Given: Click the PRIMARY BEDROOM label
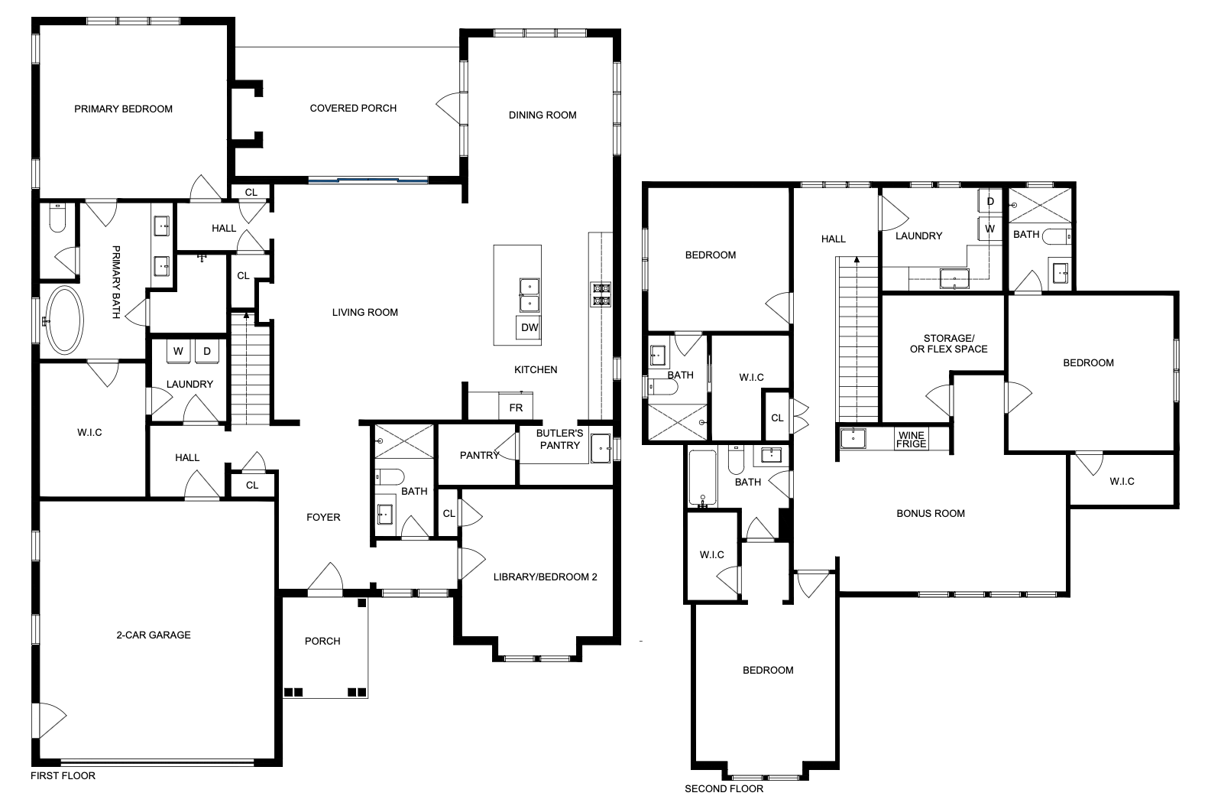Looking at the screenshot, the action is pos(123,109).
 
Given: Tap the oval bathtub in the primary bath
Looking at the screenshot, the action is pos(64,320).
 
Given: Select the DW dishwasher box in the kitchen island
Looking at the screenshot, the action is pos(529,327).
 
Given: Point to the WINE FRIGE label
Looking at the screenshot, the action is pos(912,439).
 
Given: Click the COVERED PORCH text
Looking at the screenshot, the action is pos(353,109).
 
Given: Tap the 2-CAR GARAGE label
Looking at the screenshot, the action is pos(154,635).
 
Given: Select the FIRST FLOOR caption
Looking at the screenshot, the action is pos(63,775).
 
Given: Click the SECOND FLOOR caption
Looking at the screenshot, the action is pos(724,789).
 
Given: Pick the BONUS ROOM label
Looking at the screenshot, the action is pos(931,513).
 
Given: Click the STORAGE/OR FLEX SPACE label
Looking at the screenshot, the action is pos(948,343).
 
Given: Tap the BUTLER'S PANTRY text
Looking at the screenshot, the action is pos(560,439).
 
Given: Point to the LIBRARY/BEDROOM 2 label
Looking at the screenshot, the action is pos(545,577).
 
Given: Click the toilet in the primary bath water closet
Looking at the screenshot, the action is pos(57,218).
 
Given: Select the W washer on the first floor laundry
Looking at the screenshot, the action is pos(178,351).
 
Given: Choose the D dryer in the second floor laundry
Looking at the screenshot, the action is pos(990,201).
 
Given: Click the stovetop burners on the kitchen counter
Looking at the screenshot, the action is pos(601,294).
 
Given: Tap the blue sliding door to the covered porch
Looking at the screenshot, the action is pos(368,180).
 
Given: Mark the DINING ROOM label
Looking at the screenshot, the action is pos(542,115).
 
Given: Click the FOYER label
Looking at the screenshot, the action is pos(323,517).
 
